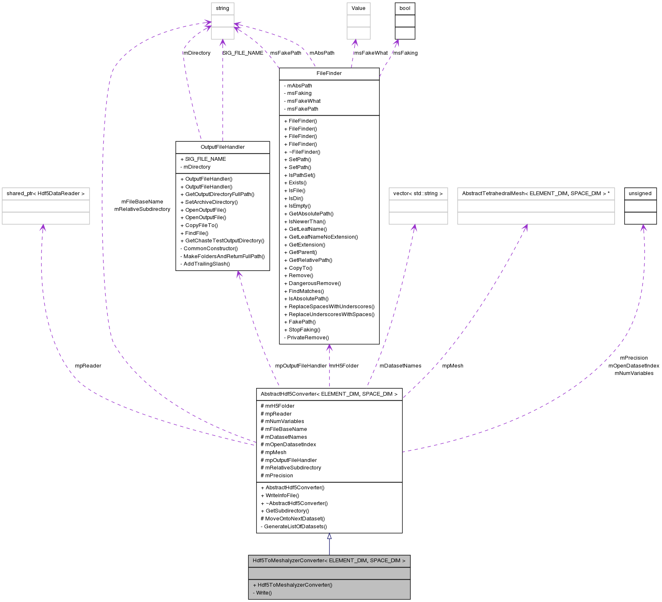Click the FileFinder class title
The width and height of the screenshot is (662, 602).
click(x=329, y=73)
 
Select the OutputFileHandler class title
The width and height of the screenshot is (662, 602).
click(x=223, y=147)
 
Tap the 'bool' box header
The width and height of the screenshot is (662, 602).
click(x=405, y=8)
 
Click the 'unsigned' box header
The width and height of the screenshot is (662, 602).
click(x=640, y=193)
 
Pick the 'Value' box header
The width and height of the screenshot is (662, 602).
click(x=358, y=8)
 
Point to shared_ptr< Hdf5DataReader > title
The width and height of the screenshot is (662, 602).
click(x=46, y=193)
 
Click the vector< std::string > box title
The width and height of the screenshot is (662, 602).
click(x=418, y=193)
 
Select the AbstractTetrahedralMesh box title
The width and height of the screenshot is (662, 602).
click(x=536, y=193)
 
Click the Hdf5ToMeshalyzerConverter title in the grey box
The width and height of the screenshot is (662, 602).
click(x=329, y=561)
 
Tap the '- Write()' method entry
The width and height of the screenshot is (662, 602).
click(x=262, y=592)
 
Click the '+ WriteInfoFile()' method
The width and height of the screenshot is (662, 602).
click(x=280, y=496)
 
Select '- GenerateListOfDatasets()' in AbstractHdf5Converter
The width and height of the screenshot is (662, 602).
click(x=294, y=527)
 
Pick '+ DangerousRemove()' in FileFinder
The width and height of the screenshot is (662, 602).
click(x=313, y=283)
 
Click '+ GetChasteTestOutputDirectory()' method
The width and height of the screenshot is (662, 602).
click(x=222, y=241)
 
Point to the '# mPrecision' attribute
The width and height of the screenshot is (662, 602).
click(x=277, y=476)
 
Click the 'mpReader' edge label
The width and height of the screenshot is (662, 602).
click(x=88, y=366)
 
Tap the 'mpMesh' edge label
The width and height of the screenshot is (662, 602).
click(x=453, y=366)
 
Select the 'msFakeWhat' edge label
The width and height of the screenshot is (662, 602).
click(x=371, y=53)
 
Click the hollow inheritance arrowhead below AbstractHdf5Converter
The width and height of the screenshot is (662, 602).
click(x=329, y=536)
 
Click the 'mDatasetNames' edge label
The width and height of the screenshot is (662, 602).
click(x=400, y=366)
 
